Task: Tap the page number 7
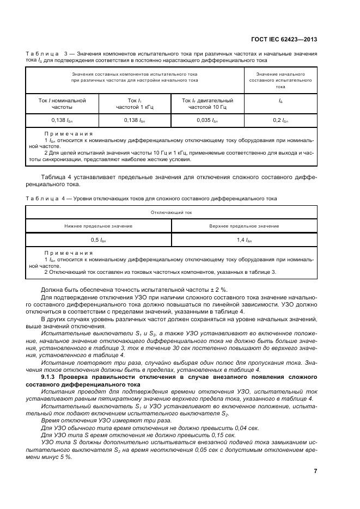315,471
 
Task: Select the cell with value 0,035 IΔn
207,120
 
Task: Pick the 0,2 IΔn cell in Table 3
280,120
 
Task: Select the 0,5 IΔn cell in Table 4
99,240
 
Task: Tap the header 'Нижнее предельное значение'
99,226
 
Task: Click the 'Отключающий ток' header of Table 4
171,213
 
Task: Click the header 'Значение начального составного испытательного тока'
280,80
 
